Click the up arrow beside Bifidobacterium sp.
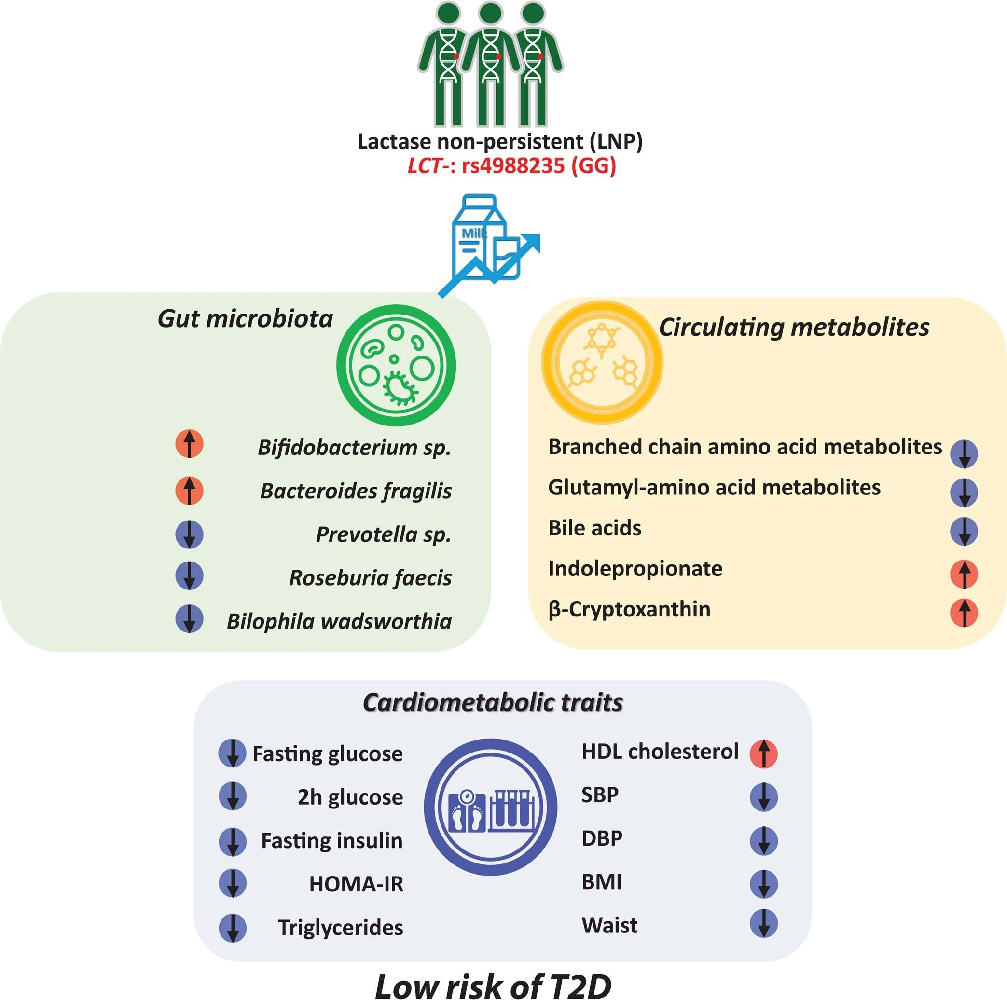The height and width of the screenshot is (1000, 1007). pyautogui.click(x=189, y=444)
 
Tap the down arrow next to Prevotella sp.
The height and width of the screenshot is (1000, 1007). pyautogui.click(x=189, y=534)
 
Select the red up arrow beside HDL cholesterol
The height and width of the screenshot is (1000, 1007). pyautogui.click(x=764, y=753)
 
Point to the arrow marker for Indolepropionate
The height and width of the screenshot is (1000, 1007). pyautogui.click(x=964, y=574)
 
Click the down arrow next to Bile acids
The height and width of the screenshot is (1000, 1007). pyautogui.click(x=964, y=532)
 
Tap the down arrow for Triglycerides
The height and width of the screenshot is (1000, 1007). pyautogui.click(x=233, y=928)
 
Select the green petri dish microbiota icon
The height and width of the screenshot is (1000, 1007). pyautogui.click(x=396, y=365)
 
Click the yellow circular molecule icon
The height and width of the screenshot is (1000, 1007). pyautogui.click(x=602, y=362)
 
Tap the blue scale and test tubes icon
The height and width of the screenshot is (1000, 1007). pyautogui.click(x=490, y=809)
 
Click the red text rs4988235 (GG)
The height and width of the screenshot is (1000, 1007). pyautogui.click(x=539, y=166)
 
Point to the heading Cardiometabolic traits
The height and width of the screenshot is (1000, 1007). pyautogui.click(x=493, y=703)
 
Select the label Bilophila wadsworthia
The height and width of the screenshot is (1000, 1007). pyautogui.click(x=339, y=621)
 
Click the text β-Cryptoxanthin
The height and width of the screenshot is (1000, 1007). pyautogui.click(x=629, y=609)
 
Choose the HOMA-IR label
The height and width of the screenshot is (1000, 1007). pyautogui.click(x=357, y=884)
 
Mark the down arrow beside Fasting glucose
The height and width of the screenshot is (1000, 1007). pyautogui.click(x=233, y=753)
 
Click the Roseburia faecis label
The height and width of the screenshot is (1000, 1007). pyautogui.click(x=371, y=577)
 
